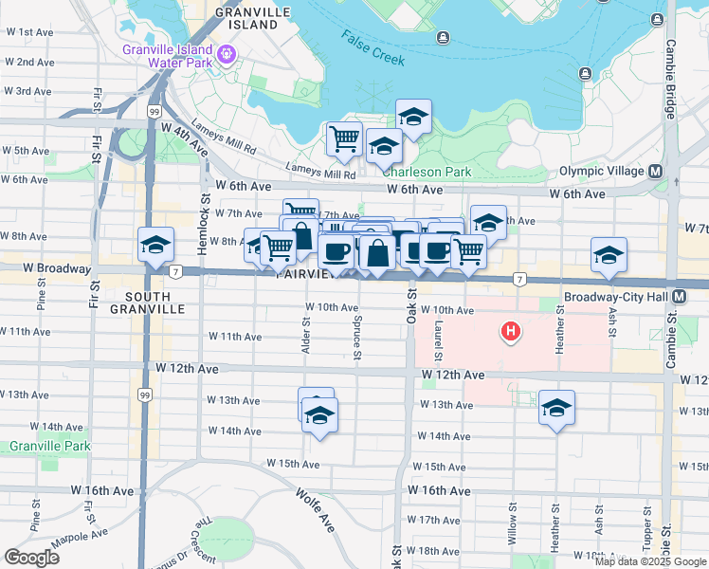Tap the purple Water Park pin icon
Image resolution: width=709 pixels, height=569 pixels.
coord(226,53)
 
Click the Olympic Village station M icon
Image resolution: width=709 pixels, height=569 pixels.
coord(655,172)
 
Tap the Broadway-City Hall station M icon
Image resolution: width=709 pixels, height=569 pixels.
coord(680,297)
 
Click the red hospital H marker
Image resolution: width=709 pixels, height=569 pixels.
coord(511,332)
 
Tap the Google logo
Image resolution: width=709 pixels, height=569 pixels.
coord(31,558)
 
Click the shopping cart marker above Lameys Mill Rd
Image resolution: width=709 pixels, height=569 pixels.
coord(344,138)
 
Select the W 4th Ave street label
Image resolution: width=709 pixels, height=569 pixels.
coord(184,138)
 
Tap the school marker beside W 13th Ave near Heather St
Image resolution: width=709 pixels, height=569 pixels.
coord(557,408)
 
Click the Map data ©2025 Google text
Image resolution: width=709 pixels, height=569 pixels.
coord(650,560)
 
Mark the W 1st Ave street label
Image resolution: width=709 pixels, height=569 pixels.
coord(28,32)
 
